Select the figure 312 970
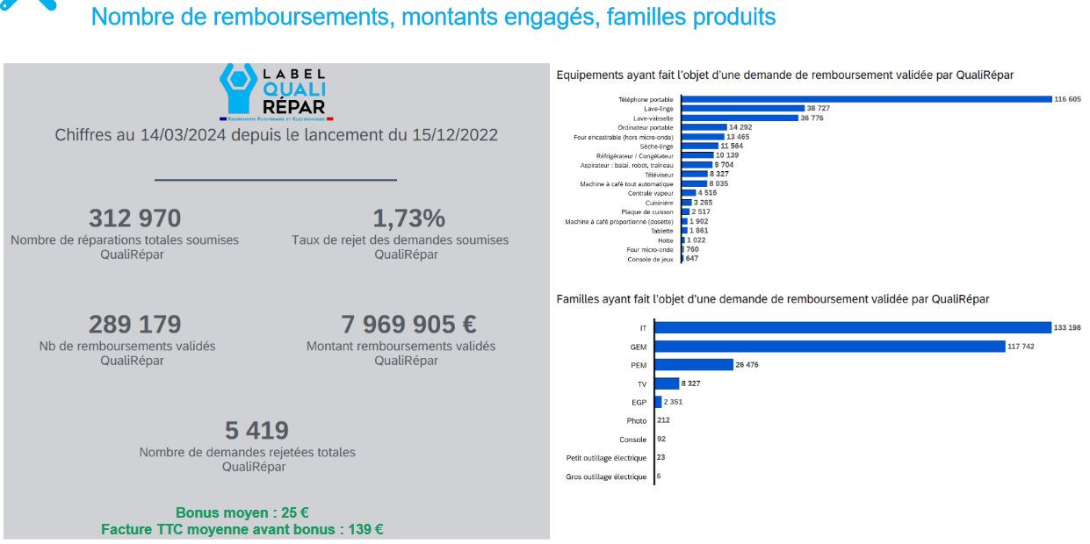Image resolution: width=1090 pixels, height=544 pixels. (x=134, y=218)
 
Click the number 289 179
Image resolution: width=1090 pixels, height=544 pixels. (x=134, y=325)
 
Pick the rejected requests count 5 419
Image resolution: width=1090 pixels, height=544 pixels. (x=256, y=431)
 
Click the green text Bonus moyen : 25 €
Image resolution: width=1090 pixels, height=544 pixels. (x=242, y=513)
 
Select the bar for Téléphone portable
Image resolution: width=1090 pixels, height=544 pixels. (x=866, y=99)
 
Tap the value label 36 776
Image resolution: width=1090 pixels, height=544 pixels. (x=816, y=118)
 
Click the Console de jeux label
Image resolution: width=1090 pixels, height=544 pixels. (x=650, y=260)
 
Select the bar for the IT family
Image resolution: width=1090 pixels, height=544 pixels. (x=853, y=327)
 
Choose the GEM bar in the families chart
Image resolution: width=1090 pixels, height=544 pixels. (x=830, y=347)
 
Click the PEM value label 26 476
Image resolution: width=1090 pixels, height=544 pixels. (x=747, y=365)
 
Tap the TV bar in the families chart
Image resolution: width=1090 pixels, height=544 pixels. (x=668, y=383)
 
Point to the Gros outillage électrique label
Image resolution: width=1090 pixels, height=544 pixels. (x=606, y=477)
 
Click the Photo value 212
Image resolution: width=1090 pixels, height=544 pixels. (x=663, y=420)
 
